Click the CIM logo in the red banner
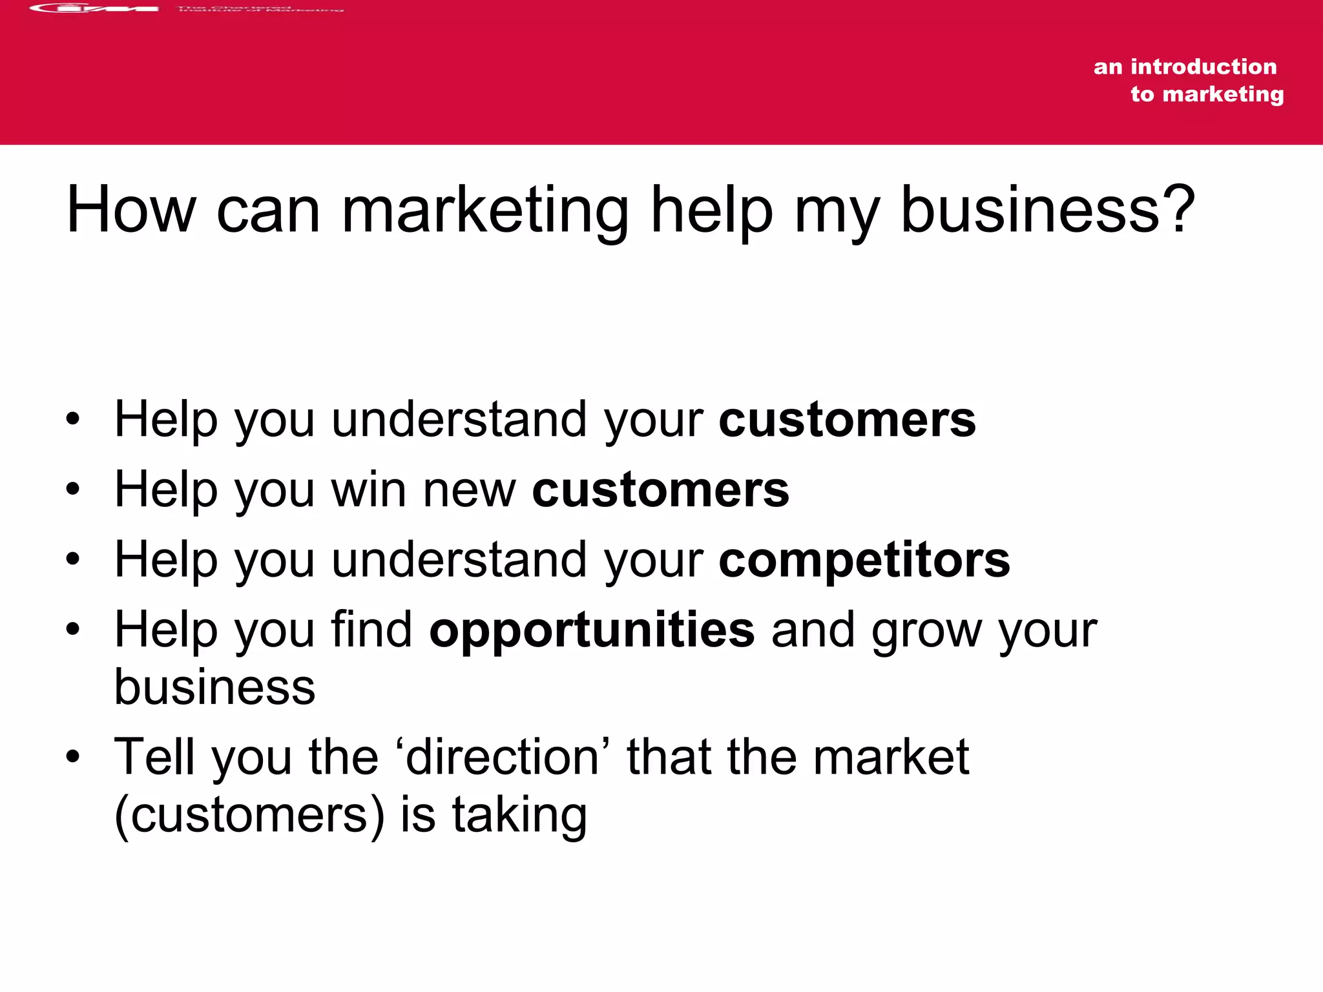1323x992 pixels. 94,8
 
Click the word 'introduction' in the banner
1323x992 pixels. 1203,67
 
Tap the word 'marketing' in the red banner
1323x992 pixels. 1223,94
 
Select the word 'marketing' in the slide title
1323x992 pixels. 484,212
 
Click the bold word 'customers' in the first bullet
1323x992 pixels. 847,420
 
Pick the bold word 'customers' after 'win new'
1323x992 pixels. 660,490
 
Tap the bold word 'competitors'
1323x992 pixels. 864,561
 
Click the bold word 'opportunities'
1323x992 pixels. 592,630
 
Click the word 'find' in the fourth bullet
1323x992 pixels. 371,629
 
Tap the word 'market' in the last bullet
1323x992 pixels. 891,757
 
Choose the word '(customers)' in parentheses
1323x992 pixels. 249,815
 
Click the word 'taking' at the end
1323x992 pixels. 519,816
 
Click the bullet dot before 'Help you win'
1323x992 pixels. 73,489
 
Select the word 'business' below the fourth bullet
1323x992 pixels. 214,687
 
